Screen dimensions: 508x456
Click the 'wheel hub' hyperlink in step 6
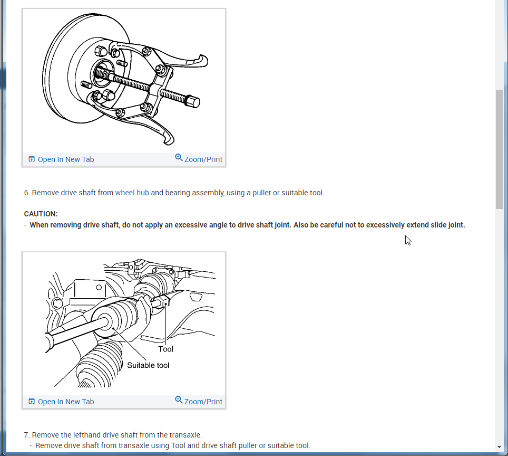pyautogui.click(x=132, y=193)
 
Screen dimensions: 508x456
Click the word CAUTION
pyautogui.click(x=41, y=214)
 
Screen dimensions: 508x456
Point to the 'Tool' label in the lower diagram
pyautogui.click(x=165, y=349)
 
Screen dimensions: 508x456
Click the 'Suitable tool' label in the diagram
pyautogui.click(x=148, y=365)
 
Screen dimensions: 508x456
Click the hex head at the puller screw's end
pyautogui.click(x=193, y=101)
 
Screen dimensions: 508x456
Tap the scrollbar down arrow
pyautogui.click(x=499, y=447)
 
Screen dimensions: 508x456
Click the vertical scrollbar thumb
pyautogui.click(x=499, y=149)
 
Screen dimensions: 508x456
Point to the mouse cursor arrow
pyautogui.click(x=408, y=241)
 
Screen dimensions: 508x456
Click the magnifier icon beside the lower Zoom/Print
pyautogui.click(x=179, y=400)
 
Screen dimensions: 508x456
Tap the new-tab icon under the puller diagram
pyautogui.click(x=32, y=159)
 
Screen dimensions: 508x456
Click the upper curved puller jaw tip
pyautogui.click(x=203, y=61)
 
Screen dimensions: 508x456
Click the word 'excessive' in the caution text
pyautogui.click(x=190, y=225)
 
